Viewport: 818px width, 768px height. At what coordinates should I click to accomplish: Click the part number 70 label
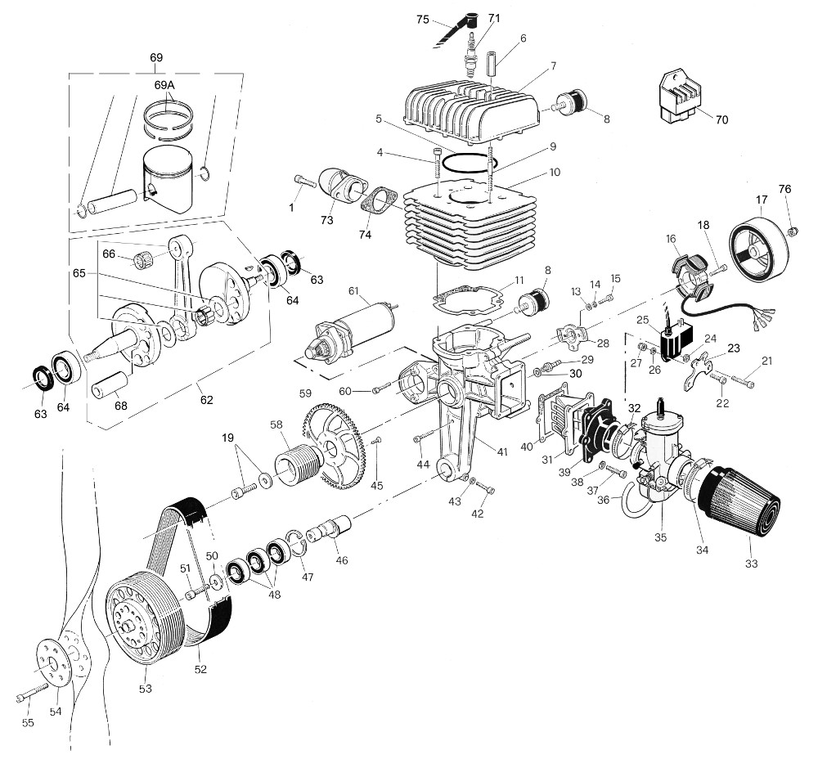pos(721,120)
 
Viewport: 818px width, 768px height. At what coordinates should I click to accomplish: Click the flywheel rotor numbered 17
pos(760,238)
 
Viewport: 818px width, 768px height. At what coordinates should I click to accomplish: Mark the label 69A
pos(164,85)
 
